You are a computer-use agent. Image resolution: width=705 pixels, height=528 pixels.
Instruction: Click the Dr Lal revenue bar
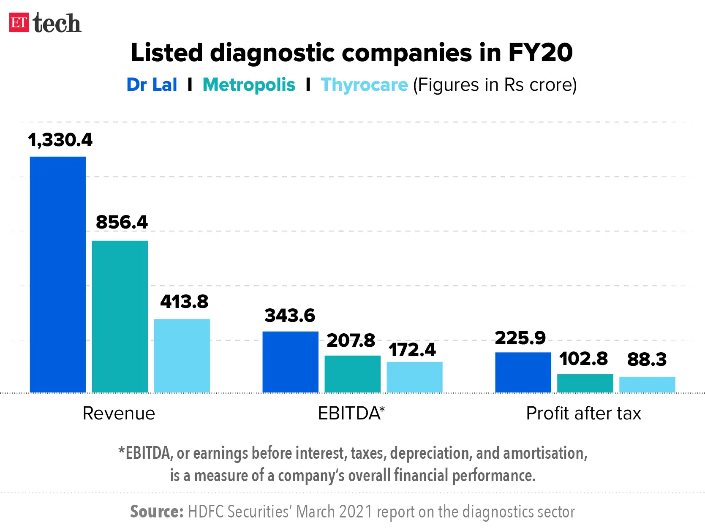tap(58, 275)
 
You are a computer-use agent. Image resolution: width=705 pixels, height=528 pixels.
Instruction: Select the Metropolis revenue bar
tap(120, 316)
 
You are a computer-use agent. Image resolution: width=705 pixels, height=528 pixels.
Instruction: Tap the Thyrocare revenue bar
tap(182, 356)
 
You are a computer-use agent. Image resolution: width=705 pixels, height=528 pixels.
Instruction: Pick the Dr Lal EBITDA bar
tap(290, 362)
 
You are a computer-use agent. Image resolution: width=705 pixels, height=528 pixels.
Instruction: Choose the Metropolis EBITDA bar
tap(352, 374)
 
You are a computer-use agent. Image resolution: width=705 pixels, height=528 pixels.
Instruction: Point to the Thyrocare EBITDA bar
tap(414, 377)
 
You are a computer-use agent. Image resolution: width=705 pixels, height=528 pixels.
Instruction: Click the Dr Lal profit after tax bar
tap(523, 372)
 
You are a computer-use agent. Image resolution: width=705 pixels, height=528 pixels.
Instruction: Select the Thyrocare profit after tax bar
tap(647, 384)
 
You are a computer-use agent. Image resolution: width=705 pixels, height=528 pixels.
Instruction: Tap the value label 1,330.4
tap(60, 140)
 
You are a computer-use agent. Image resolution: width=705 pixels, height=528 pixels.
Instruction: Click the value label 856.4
tap(122, 222)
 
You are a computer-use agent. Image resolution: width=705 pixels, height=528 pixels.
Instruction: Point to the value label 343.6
tap(290, 316)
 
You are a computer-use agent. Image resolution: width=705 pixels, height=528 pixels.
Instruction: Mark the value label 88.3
tap(647, 359)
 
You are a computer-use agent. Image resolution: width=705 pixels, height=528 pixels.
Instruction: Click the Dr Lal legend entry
tap(152, 85)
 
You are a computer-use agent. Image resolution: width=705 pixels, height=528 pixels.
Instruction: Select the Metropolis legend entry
tap(249, 85)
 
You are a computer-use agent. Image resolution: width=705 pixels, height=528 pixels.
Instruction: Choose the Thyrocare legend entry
tap(364, 85)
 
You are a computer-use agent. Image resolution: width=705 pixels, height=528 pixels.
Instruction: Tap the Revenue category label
tap(119, 413)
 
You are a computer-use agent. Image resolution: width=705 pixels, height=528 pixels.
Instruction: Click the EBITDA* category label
tap(351, 413)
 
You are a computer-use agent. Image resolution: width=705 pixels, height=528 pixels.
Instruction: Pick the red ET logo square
tap(19, 22)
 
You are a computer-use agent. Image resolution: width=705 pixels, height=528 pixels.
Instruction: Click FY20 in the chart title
tap(540, 53)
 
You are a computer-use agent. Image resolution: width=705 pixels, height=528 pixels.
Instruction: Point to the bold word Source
tap(156, 512)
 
